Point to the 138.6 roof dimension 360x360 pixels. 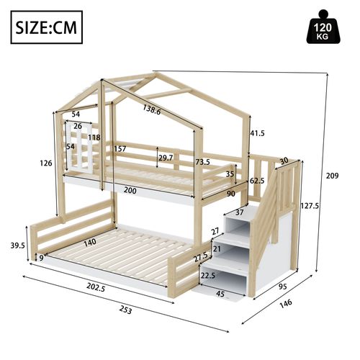coord(151,110)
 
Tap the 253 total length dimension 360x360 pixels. coord(125,310)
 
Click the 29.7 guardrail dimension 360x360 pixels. coord(166,157)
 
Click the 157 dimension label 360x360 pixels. coord(121,149)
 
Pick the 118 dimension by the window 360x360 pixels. coord(94,138)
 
